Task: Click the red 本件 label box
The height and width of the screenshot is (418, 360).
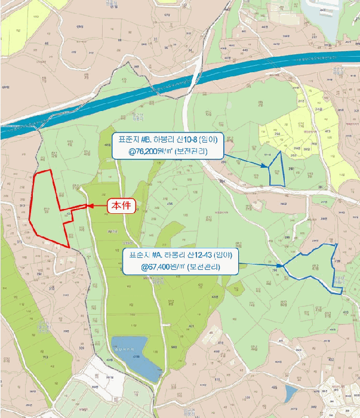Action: click(121, 205)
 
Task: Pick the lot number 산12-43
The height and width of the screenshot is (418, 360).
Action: click(203, 255)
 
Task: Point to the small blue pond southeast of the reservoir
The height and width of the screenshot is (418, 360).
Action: click(291, 393)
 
